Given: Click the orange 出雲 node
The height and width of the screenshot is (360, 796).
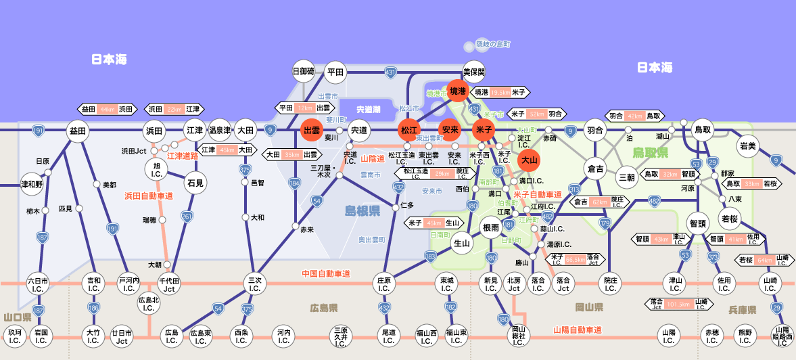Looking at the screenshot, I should [311, 130].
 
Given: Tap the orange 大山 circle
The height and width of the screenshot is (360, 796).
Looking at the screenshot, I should [529, 160].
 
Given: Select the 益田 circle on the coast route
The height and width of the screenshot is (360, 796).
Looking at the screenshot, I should [78, 131].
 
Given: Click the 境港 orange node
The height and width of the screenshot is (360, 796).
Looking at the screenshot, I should [458, 91].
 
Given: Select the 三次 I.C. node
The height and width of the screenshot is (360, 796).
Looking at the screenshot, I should [254, 284].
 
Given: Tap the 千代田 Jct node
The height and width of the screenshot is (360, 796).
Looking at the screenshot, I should [168, 284].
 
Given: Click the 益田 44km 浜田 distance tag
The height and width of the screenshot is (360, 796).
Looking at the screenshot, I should [107, 109].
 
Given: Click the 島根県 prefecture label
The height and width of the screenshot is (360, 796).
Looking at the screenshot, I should [362, 211].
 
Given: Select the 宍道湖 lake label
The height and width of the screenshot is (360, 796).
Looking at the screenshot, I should [369, 109].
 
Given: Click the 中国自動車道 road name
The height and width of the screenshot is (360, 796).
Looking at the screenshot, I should [326, 273].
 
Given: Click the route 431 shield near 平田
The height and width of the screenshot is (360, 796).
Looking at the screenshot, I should [390, 72].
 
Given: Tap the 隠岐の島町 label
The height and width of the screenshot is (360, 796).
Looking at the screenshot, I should [492, 44].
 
